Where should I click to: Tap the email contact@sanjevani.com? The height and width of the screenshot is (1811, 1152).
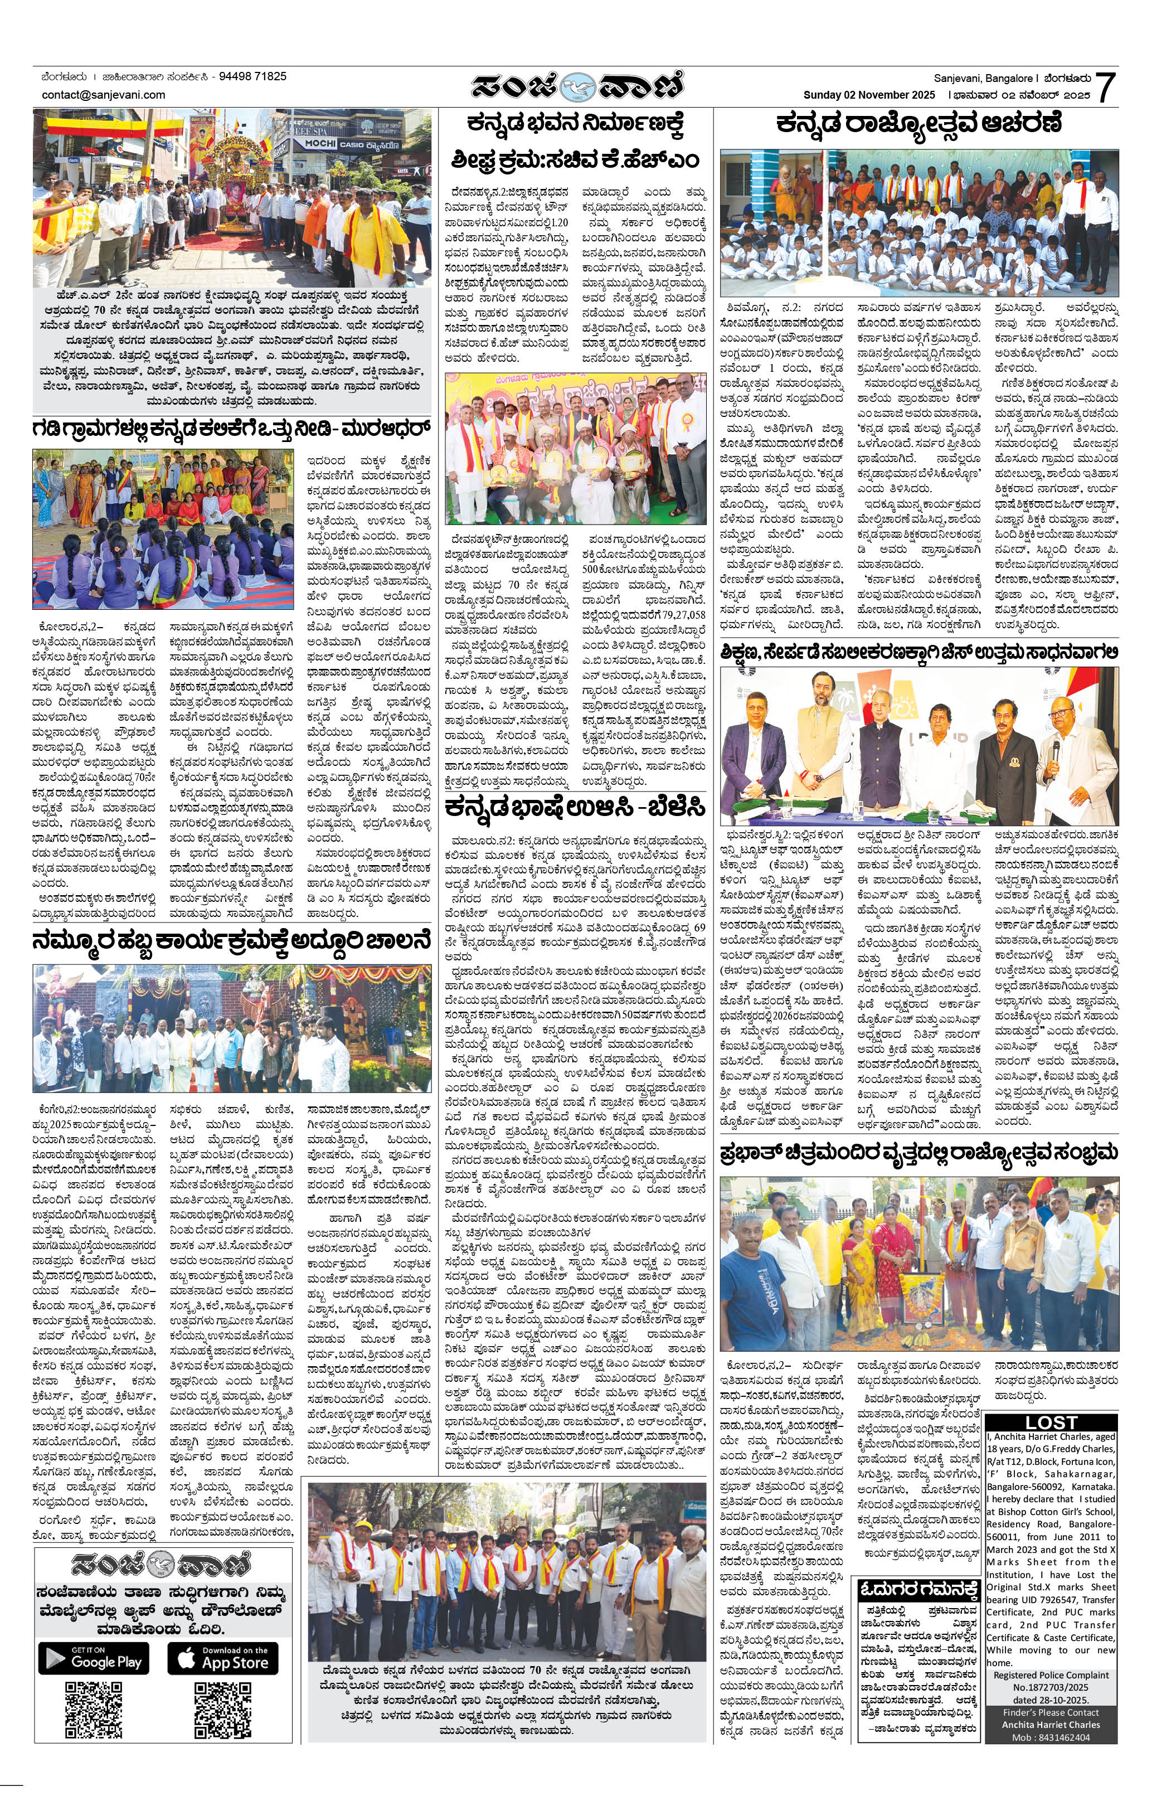(104, 95)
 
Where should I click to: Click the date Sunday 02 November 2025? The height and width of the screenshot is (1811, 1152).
(868, 95)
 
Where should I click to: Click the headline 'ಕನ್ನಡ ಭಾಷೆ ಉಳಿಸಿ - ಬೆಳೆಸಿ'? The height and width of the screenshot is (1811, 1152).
(575, 808)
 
